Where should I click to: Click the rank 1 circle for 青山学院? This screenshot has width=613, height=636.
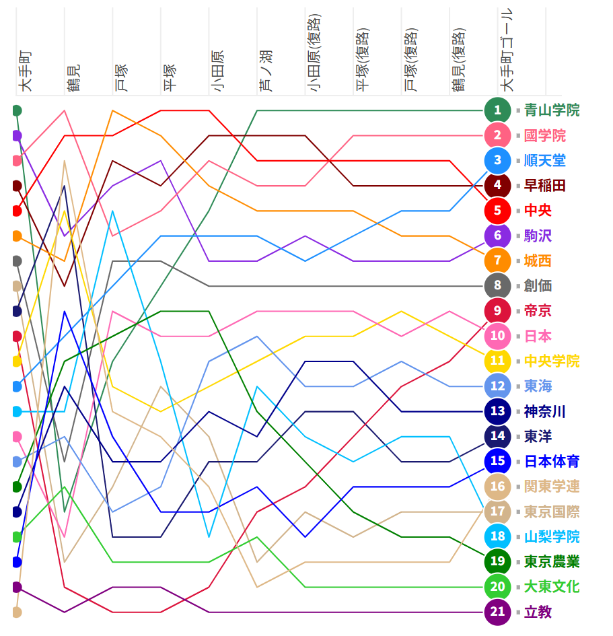point(497,110)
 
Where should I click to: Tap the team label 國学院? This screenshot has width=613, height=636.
point(544,135)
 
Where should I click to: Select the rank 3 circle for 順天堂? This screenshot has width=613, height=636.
point(497,160)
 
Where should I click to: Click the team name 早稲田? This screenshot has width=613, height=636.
point(544,186)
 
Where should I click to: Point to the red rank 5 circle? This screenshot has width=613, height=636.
point(497,211)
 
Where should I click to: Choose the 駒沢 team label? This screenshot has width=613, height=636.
point(538,236)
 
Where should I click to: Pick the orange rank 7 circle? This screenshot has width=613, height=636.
point(497,260)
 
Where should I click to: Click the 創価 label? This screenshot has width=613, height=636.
point(538,286)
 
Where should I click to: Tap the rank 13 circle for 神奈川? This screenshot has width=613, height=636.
point(497,411)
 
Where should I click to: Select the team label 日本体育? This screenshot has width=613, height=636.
point(551,462)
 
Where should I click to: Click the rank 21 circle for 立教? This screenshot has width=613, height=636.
point(497,612)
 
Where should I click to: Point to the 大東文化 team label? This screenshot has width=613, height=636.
point(551,587)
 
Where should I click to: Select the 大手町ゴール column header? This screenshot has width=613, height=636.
point(507,50)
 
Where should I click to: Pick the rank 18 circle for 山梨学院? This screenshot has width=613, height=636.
point(497,536)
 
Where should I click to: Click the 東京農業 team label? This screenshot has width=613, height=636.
point(551,562)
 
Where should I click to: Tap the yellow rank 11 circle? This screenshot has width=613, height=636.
point(497,361)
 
